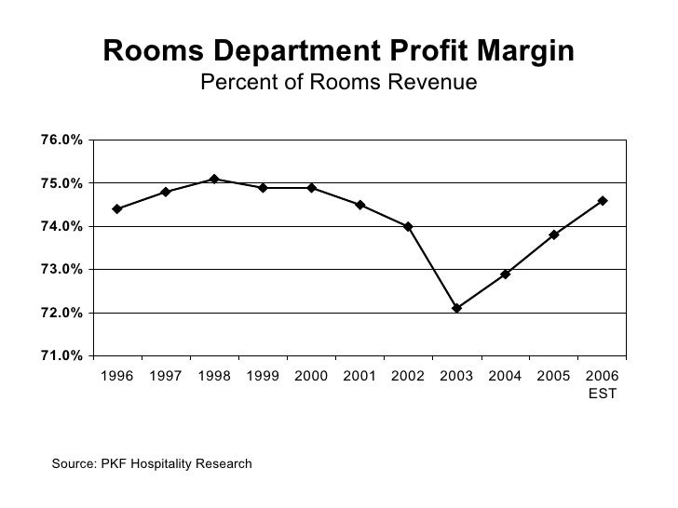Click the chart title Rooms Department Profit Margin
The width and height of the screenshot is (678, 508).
coord(339,51)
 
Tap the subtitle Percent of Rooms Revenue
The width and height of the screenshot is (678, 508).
coord(339,84)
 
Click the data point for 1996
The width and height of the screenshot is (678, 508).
coord(117,209)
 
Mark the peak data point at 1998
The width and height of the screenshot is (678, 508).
coord(214,179)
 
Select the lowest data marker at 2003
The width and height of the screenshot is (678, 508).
coord(456,308)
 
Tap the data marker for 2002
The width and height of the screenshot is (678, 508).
coord(408,226)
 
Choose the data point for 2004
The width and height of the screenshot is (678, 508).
coord(505,274)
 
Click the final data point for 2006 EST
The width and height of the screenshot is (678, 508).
coord(603,200)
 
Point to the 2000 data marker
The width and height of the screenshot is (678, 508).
coord(311,188)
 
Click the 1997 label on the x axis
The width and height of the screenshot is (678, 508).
coord(165,377)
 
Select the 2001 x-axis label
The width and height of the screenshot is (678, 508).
coord(359,377)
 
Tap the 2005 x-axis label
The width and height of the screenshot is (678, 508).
coord(553,377)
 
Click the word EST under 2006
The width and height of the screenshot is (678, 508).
coord(602,394)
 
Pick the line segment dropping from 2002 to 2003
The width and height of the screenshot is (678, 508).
coord(432,267)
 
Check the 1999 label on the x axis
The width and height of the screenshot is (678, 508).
coord(262,377)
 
